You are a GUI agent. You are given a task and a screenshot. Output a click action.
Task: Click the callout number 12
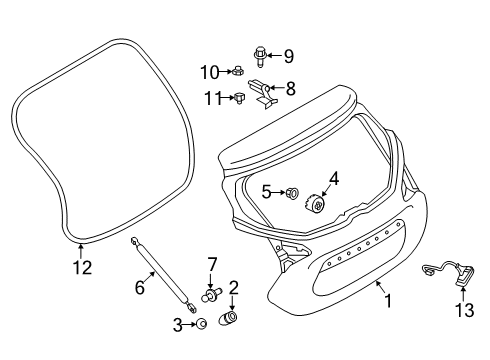click(82, 267)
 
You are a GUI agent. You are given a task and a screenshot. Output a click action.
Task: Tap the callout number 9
click(289, 56)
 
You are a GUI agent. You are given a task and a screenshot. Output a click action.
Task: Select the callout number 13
click(464, 310)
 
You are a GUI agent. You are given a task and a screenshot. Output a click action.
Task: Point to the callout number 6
click(140, 287)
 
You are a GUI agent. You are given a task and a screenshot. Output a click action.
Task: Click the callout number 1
click(388, 300)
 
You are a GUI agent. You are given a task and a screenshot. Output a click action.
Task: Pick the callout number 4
click(334, 179)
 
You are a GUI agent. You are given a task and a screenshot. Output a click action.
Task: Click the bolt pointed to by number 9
click(260, 57)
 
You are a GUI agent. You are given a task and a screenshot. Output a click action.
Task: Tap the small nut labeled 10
click(237, 71)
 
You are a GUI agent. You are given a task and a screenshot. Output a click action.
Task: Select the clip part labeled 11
click(239, 98)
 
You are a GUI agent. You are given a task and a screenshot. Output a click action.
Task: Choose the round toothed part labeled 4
click(315, 202)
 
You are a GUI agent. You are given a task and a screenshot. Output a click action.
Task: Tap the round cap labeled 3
click(201, 324)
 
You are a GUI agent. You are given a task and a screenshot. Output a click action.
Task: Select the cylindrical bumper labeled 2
click(228, 317)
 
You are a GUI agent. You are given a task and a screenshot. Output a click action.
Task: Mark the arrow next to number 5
click(279, 192)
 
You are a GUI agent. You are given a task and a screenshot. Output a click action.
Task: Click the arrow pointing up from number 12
click(80, 252)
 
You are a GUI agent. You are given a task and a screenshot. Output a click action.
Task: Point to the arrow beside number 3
click(189, 324)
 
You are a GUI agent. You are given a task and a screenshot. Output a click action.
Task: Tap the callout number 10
click(210, 72)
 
